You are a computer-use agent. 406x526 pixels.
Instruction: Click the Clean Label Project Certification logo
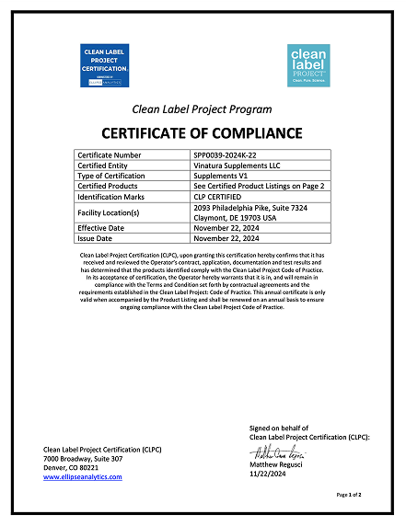coord(105,65)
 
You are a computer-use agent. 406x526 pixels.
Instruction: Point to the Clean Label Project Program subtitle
coord(202,108)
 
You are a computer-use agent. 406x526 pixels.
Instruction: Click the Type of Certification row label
coord(111,175)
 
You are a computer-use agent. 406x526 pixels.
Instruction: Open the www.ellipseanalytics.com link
coord(83,477)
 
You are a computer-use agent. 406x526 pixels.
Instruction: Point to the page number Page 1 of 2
coord(349,495)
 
